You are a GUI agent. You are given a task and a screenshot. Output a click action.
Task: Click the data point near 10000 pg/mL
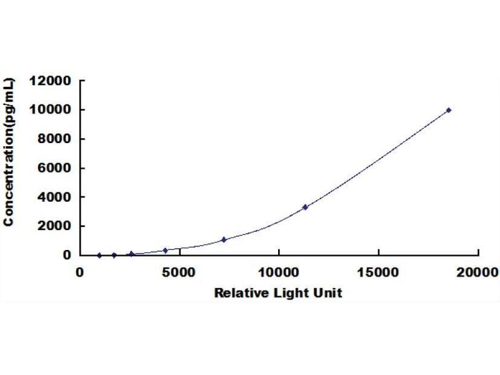[x=449, y=110]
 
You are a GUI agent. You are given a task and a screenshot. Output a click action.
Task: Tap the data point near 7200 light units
[x=224, y=239]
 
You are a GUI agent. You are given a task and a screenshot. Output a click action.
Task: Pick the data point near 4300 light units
[x=166, y=250]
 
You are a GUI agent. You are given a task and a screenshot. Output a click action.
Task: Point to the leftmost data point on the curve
[x=99, y=255]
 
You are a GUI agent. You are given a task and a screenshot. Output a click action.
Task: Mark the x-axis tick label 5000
[x=179, y=272]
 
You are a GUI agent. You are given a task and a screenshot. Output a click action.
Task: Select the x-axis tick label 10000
[x=279, y=272]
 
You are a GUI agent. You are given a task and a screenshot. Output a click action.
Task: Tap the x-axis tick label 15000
[x=378, y=272]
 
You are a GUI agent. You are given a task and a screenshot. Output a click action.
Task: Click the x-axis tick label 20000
[x=478, y=272]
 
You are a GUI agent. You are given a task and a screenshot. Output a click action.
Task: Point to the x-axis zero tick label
[x=80, y=272]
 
